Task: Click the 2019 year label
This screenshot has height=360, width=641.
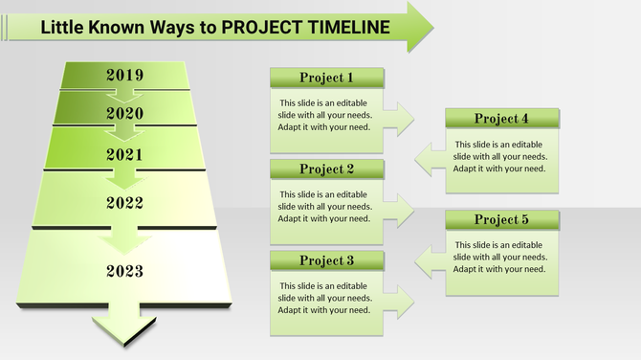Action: click(x=124, y=75)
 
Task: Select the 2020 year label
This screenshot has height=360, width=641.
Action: click(x=124, y=113)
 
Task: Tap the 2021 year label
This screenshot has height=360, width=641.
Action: click(x=124, y=154)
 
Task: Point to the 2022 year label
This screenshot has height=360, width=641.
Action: click(x=124, y=203)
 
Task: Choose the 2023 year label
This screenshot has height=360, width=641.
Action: click(x=124, y=271)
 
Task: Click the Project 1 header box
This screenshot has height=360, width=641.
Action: click(x=326, y=78)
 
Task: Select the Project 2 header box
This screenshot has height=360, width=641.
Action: click(x=326, y=169)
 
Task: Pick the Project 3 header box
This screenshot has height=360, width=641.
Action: click(x=326, y=260)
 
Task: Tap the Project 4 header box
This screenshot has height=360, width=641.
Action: click(x=501, y=119)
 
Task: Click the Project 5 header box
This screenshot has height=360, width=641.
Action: click(x=501, y=219)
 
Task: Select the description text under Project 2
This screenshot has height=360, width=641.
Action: click(x=325, y=207)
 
